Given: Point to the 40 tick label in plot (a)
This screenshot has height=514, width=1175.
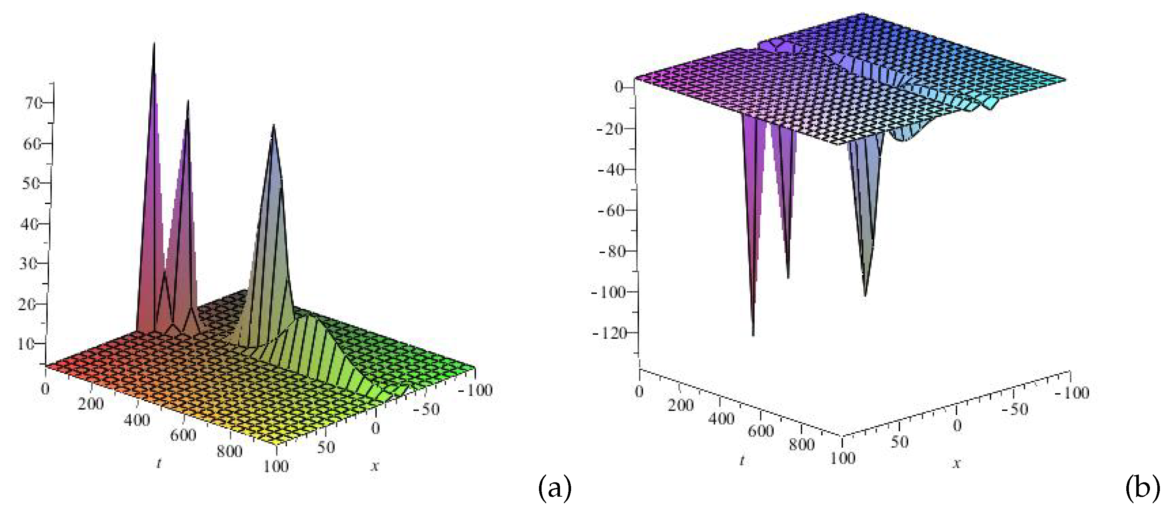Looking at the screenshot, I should pos(29,224).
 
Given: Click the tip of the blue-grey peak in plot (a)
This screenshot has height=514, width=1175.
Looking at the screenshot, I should pos(273,125).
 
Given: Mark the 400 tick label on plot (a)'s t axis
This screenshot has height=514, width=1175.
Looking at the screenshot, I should pos(137,420).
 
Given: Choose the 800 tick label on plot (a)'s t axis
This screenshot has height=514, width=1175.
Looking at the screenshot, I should pos(229,452).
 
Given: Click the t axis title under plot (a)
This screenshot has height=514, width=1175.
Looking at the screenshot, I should pos(158,464).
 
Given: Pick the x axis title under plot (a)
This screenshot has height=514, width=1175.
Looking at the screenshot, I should pos(375,466).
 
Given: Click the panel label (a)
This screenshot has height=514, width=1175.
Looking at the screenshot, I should pos(554,488).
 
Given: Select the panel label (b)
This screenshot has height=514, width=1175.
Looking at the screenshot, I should pos(1142,488).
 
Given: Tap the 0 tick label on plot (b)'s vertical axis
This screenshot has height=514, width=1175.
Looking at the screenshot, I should pos(619,87).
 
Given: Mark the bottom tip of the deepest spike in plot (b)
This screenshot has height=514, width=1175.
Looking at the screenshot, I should pos(753,335).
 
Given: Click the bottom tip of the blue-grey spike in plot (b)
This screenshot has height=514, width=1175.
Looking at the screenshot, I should pos(865,296).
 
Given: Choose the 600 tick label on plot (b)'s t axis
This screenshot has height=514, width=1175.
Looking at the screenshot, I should pos(760,431).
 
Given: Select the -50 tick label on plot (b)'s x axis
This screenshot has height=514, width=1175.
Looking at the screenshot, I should pos(1015,409).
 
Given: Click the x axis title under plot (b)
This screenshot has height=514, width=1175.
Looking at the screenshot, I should pos(957,464).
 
